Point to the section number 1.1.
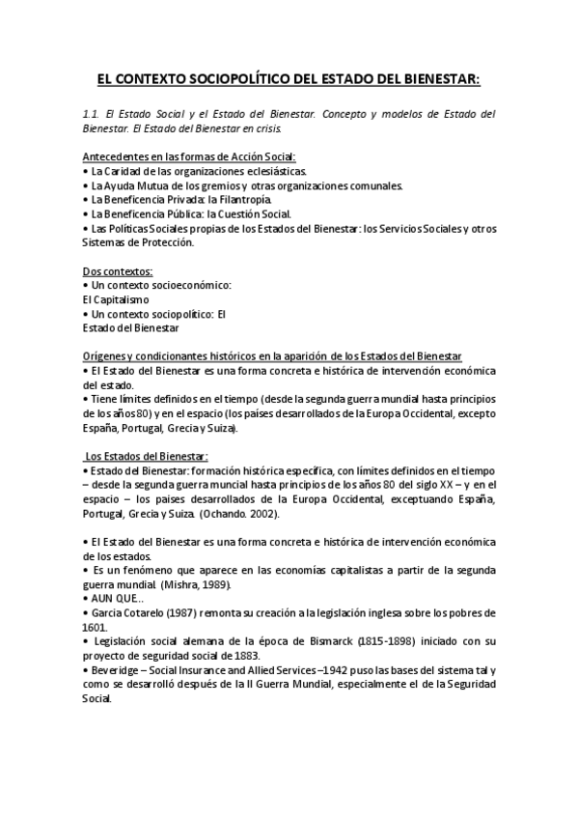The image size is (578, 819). click(90, 114)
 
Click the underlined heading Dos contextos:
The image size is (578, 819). click(118, 271)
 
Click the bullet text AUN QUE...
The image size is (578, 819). click(110, 599)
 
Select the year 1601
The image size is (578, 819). click(95, 627)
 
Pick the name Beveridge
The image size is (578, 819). click(114, 669)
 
